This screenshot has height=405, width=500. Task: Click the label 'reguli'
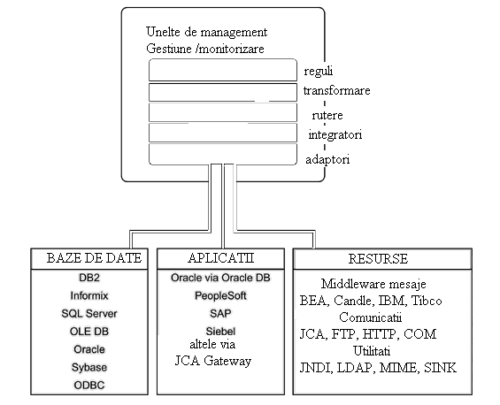[x=319, y=71]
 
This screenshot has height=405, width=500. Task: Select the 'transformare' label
[x=337, y=90]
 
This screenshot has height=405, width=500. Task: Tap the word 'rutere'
[x=327, y=115]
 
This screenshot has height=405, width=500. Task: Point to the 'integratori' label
[x=335, y=134]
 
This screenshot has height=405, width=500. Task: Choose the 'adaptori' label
[x=327, y=159]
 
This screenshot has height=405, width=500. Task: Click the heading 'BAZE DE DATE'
[x=94, y=258]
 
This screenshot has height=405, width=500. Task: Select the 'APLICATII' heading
[x=220, y=258]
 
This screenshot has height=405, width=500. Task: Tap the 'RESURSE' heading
[x=378, y=259]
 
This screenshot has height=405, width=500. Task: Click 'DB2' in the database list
[x=89, y=278]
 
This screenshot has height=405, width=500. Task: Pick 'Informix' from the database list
[x=89, y=295]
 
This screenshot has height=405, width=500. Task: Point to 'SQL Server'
[x=89, y=314]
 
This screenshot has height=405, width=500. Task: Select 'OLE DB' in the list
[x=89, y=332]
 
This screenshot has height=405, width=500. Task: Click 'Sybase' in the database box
[x=89, y=367]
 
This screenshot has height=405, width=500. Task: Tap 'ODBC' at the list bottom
[x=89, y=386]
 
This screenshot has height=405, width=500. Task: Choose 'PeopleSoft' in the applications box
[x=220, y=295]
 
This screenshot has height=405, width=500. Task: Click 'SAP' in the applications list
[x=220, y=314]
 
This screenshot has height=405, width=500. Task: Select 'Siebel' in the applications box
[x=220, y=332]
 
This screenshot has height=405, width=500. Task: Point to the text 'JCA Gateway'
[x=213, y=361]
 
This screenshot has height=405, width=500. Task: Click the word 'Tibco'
[x=427, y=301]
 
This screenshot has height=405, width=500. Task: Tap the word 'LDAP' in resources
[x=355, y=368]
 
